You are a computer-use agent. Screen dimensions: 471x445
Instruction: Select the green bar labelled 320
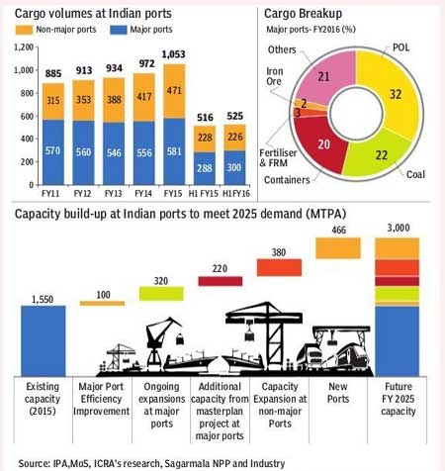click(167, 292)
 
